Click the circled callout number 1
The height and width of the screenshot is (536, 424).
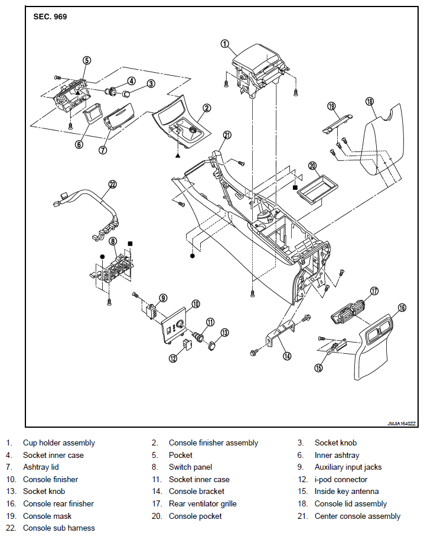point(224,43)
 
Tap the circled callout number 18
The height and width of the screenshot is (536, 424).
point(370,102)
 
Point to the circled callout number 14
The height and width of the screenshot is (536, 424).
point(287,356)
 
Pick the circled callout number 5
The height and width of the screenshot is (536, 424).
point(86,60)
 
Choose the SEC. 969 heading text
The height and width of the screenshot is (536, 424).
point(51,17)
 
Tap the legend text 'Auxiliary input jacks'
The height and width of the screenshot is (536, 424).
point(348,467)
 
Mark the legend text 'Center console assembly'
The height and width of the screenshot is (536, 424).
point(357,516)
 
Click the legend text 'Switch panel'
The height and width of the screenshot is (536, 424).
point(190,467)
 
